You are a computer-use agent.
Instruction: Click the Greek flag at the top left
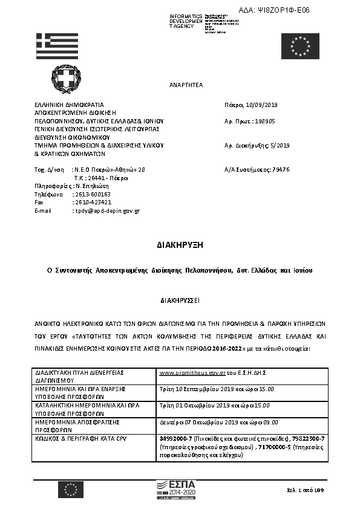(57, 46)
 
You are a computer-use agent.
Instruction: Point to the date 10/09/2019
(261, 104)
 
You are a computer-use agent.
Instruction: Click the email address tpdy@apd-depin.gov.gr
(106, 211)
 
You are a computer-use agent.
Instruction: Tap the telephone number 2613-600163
(92, 195)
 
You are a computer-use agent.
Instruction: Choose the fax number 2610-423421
(92, 203)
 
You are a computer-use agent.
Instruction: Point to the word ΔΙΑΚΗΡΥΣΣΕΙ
(180, 299)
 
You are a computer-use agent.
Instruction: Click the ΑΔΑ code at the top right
(283, 11)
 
